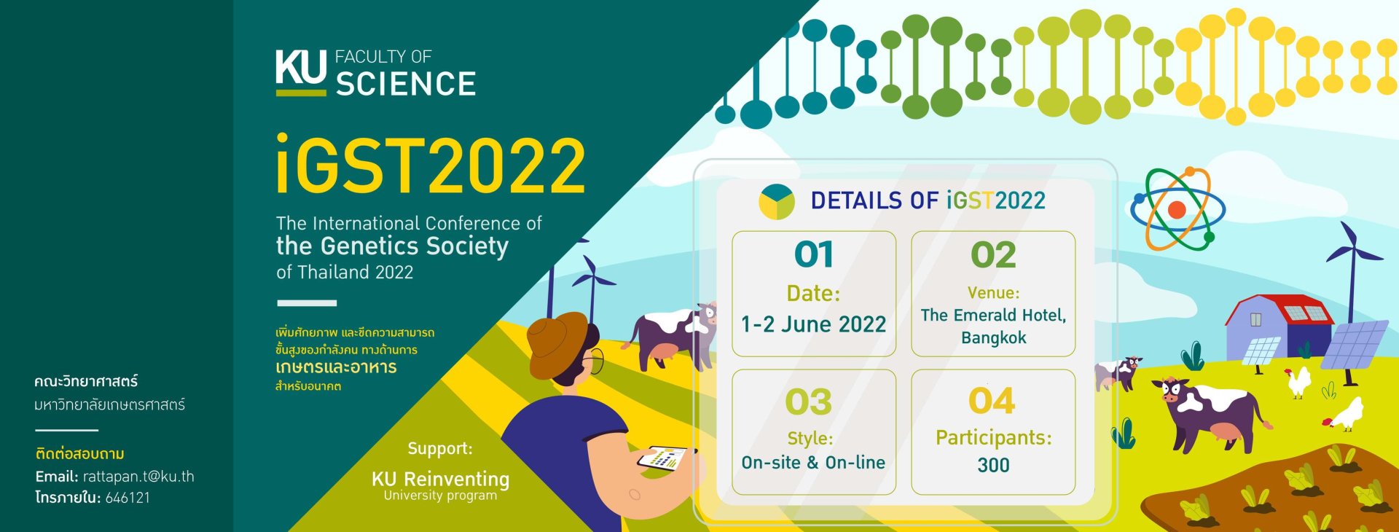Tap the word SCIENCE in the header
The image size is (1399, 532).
click(406, 84)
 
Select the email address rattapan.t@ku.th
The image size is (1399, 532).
click(138, 477)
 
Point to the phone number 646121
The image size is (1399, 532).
click(128, 498)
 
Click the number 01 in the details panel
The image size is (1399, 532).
click(813, 254)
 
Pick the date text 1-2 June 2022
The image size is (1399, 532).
click(813, 324)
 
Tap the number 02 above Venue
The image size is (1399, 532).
click(993, 254)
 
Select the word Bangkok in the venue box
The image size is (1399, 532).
click(993, 337)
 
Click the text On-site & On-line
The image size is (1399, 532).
click(813, 462)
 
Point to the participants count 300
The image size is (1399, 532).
click(993, 465)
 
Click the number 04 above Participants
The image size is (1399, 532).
click(992, 401)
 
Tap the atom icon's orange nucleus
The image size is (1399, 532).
click(1177, 210)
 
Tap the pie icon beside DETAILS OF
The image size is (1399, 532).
click(777, 201)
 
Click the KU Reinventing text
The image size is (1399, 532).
click(440, 479)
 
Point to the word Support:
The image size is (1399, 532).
click(440, 448)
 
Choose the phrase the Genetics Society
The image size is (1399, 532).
click(392, 246)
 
